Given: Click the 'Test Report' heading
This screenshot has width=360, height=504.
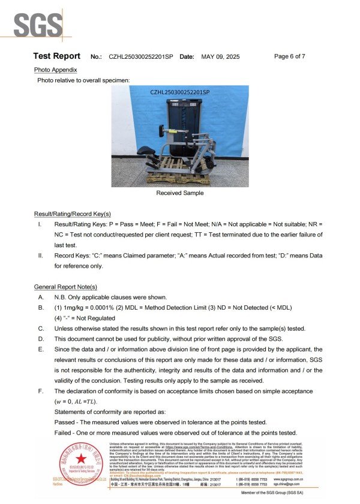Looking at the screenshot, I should coord(56,56).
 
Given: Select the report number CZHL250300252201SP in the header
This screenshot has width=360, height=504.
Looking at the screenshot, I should coord(141,56).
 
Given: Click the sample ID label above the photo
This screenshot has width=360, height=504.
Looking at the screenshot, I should coord(179,92).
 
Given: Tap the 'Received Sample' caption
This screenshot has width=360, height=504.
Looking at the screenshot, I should coord(179,193).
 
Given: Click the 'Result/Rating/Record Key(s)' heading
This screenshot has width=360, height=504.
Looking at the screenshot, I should coord(72,214).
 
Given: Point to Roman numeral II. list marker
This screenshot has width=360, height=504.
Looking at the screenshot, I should coord(40,255).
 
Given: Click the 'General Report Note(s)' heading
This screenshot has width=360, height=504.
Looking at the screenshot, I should coord(65,287).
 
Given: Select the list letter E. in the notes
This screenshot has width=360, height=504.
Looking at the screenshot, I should coord(40,349).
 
